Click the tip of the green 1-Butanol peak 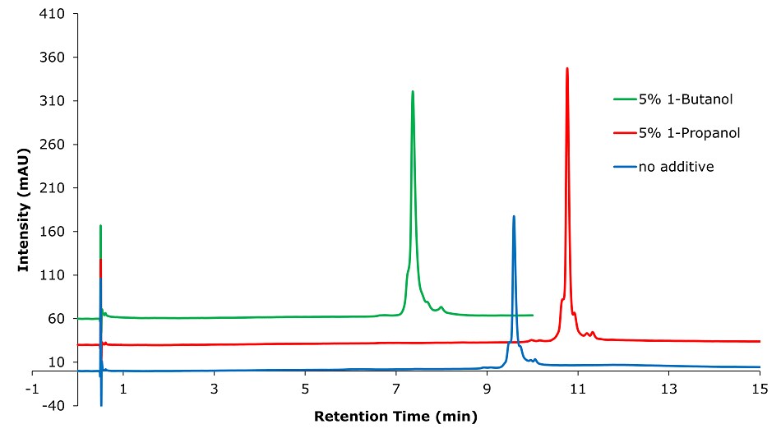(413, 91)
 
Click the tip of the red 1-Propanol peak (567, 68)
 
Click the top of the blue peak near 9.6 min (514, 216)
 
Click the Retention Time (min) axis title (395, 416)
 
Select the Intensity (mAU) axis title (24, 210)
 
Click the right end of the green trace (533, 315)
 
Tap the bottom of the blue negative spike (101, 405)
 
